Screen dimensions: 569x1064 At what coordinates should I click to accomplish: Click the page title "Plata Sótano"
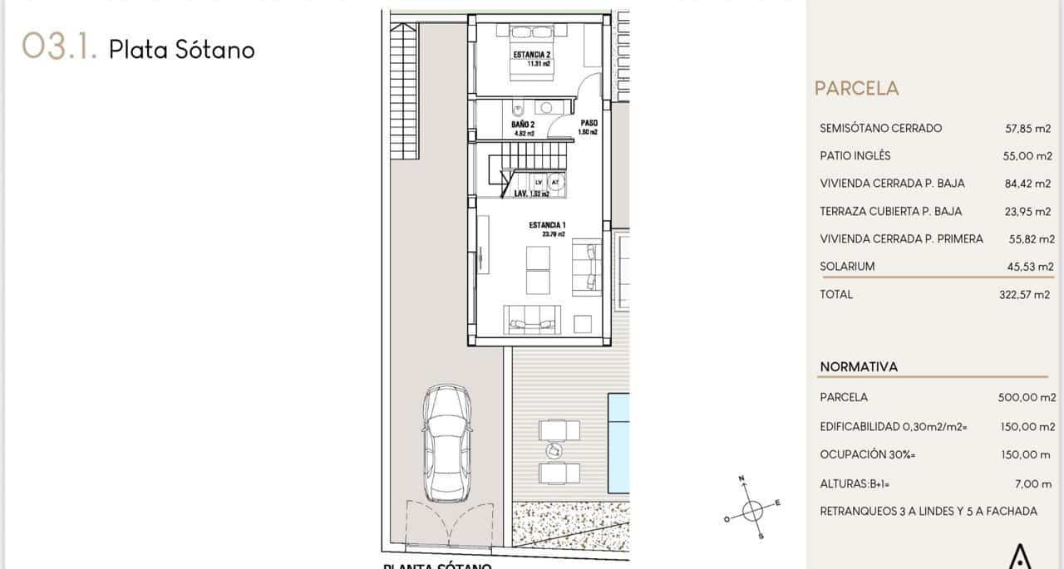pos(181,49)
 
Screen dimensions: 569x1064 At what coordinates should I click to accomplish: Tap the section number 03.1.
pos(60,47)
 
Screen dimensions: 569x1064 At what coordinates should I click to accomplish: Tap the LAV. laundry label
pos(525,194)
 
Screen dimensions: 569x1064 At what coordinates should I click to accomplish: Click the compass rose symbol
pos(752,508)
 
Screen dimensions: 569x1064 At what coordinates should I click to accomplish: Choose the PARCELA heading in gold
pos(856,88)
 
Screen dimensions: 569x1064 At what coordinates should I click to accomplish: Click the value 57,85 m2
pos(1029,129)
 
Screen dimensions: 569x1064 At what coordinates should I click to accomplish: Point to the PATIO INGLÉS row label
pos(855,156)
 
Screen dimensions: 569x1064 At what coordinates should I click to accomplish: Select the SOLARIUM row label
pos(847,267)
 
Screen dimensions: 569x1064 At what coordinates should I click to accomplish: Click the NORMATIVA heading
pos(859,366)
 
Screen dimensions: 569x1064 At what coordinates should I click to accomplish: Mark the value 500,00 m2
pos(1026,398)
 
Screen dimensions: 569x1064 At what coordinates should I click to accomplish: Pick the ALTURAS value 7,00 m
pos(1034,483)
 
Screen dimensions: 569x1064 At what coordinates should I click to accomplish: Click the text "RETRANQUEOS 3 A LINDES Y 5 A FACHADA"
pos(928,512)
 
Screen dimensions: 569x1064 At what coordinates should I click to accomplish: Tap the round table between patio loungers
pos(553,449)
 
